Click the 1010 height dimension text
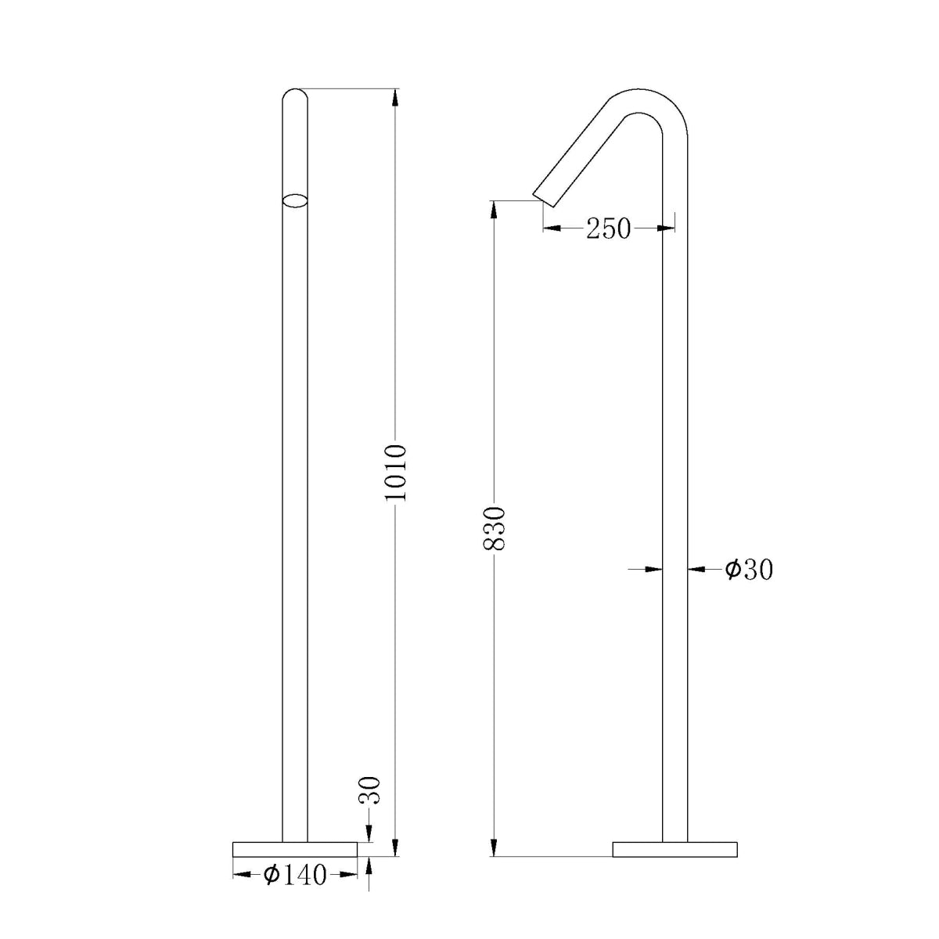[x=396, y=473]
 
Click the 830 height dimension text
[x=495, y=529]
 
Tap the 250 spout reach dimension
[x=608, y=228]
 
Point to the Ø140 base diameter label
[x=295, y=875]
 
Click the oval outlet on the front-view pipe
[x=295, y=200]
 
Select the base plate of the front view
[x=295, y=849]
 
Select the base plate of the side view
[x=675, y=849]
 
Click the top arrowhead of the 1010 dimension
[x=395, y=97]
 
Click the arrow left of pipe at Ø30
[x=654, y=570]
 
